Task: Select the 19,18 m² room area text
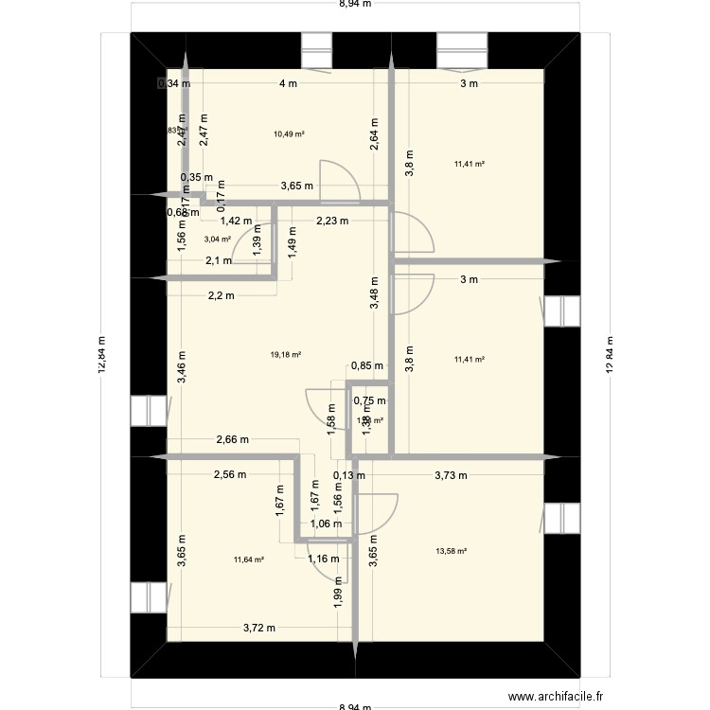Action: click(285, 355)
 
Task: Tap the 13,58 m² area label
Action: click(451, 551)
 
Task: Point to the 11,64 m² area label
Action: click(248, 559)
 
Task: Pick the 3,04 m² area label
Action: click(218, 240)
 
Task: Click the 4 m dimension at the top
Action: click(288, 83)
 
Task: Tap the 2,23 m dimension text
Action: click(331, 222)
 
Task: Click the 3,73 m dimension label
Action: click(451, 476)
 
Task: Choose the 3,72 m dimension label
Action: click(258, 628)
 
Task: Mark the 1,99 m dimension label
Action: click(340, 602)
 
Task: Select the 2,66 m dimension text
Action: click(232, 439)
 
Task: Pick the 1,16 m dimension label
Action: click(323, 559)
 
